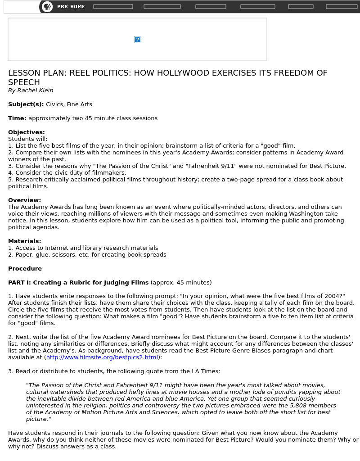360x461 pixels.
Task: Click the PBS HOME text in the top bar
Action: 71,7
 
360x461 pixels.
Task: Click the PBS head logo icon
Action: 47,6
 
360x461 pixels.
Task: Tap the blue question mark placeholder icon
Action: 138,40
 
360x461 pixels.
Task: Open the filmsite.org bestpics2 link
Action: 102,357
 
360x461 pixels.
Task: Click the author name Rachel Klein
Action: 35,90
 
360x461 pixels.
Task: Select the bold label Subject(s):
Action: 26,104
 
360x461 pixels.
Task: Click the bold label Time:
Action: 17,118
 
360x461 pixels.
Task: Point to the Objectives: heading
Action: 27,132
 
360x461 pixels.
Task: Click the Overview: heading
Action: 24,200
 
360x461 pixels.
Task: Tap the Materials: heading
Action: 25,241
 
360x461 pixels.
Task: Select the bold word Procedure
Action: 25,269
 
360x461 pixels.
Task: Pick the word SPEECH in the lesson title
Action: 24,82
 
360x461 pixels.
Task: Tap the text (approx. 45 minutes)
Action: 181,283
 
